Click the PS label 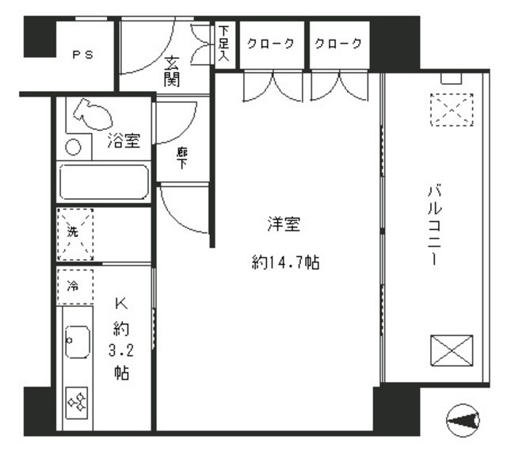82,55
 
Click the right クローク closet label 339,44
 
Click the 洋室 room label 283,225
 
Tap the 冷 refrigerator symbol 74,285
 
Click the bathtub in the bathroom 105,182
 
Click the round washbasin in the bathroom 73,147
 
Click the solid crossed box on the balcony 452,350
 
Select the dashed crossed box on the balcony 451,110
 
